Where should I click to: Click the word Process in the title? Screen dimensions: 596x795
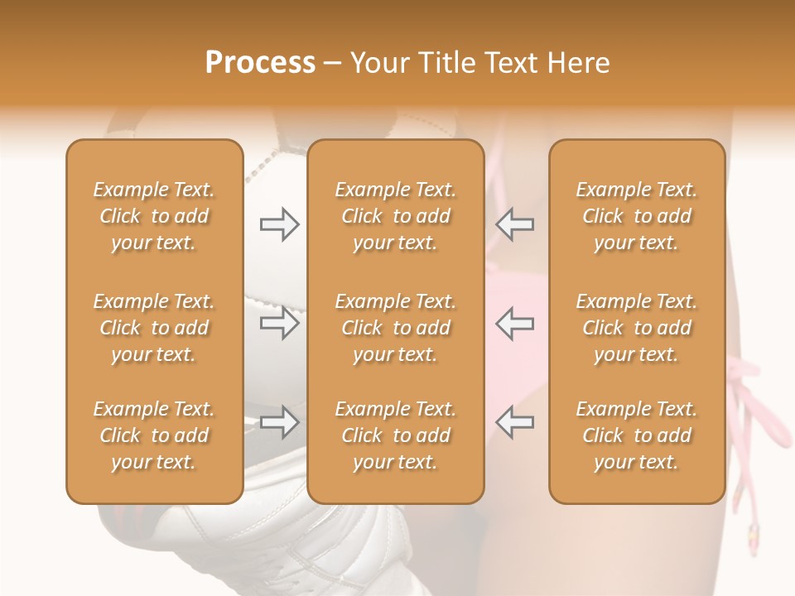[x=260, y=63]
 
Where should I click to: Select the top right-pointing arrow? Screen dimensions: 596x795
[x=280, y=224]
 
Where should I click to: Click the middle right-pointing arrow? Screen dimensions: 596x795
[x=280, y=323]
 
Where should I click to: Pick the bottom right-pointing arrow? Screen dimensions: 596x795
[x=280, y=422]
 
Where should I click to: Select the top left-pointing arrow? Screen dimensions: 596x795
[x=514, y=224]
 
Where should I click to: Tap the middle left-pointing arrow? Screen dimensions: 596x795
[x=514, y=323]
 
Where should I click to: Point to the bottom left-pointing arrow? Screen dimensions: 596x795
[x=514, y=422]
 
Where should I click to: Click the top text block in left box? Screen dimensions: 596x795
[x=154, y=216]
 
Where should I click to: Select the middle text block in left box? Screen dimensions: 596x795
[x=154, y=328]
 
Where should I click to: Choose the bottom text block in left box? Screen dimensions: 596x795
[x=154, y=435]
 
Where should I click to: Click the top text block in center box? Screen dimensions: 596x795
[x=395, y=216]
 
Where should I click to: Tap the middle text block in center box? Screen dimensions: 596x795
[x=395, y=328]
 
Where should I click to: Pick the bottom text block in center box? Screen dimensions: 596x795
[x=395, y=435]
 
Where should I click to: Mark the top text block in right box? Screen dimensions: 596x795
[x=636, y=216]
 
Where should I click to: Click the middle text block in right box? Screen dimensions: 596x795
[x=636, y=328]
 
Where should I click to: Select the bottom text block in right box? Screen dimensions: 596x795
[x=636, y=435]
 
